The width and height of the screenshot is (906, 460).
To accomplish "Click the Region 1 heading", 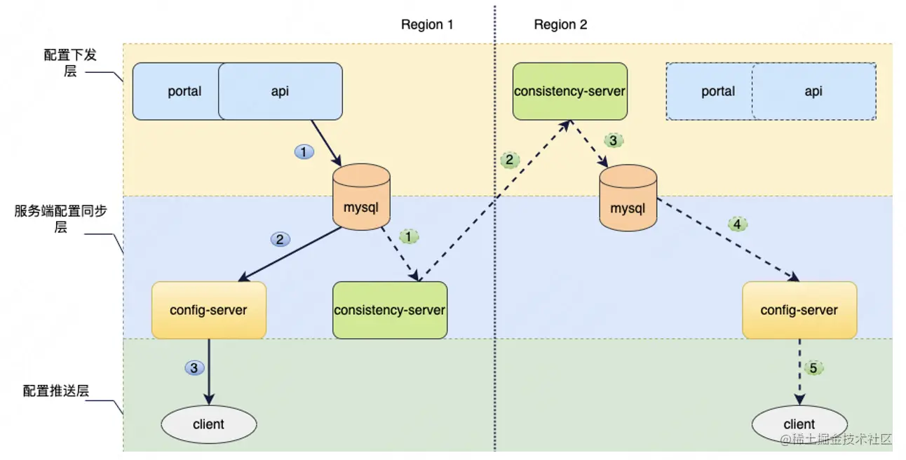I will (x=427, y=25).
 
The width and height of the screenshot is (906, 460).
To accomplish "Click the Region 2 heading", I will (x=560, y=25).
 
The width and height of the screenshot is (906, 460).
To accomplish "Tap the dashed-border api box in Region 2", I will (x=813, y=91).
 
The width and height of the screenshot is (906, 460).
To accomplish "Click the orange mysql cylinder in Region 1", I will (x=361, y=197).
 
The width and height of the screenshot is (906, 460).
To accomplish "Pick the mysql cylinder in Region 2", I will (x=628, y=198).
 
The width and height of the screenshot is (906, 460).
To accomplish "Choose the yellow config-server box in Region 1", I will (x=208, y=309).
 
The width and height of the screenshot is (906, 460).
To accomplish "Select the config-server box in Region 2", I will (x=799, y=309).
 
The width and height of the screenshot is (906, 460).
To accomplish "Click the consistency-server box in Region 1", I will (x=389, y=309).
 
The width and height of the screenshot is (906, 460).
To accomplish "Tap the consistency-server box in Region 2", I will (x=569, y=90).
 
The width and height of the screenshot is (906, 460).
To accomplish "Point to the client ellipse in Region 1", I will (x=208, y=424).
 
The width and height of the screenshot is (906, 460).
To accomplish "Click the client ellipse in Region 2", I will (x=799, y=424).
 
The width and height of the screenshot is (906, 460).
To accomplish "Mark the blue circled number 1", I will (x=304, y=151).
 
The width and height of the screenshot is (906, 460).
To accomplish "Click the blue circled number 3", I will (x=194, y=367).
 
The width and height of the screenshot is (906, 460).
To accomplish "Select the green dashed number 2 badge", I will (x=510, y=160).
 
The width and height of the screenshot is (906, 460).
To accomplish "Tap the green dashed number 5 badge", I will (x=813, y=367).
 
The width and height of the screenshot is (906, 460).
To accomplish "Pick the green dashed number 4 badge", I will (x=737, y=224).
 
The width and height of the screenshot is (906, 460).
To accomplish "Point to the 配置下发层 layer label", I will (x=69, y=62).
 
